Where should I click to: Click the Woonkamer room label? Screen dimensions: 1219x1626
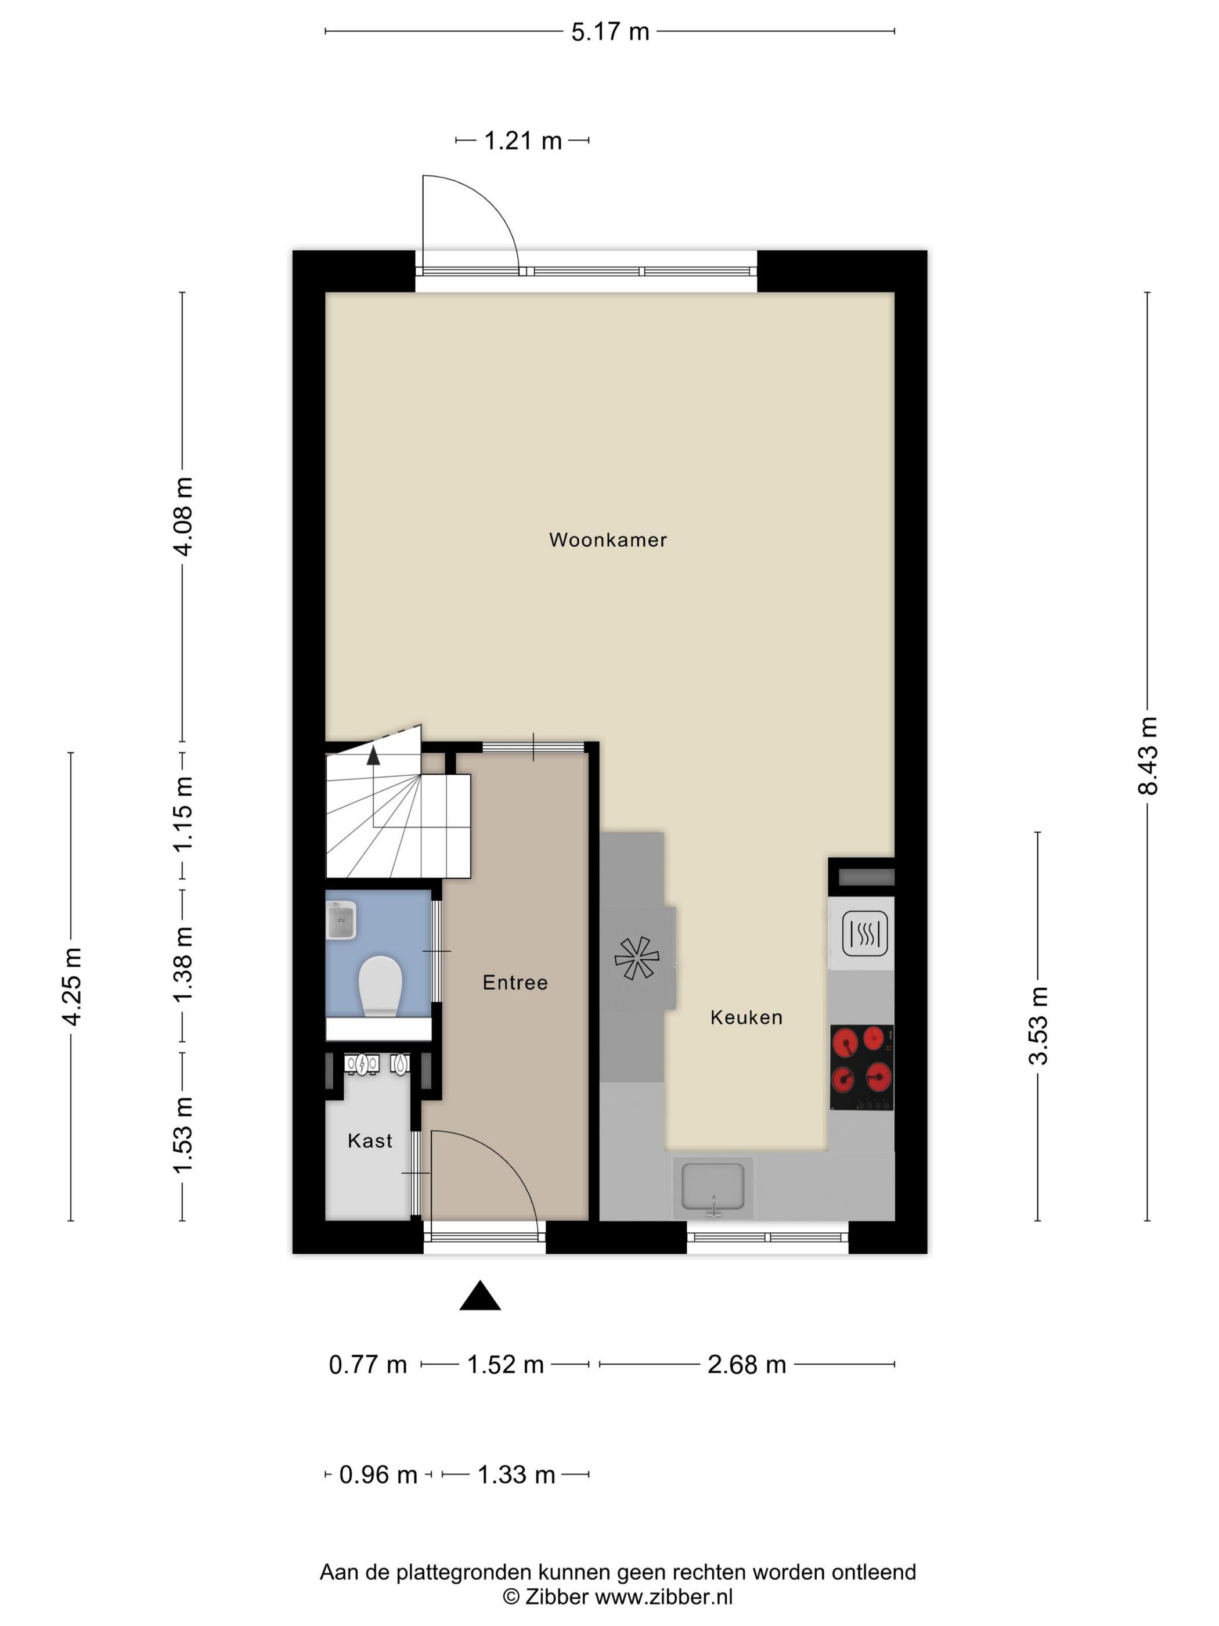point(608,539)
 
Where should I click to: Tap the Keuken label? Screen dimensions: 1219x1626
point(746,1017)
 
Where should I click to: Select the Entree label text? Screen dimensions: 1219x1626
point(515,983)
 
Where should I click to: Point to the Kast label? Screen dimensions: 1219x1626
point(370,1141)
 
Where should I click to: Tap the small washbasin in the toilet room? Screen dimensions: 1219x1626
point(341,920)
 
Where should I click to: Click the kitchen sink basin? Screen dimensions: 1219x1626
point(713,1186)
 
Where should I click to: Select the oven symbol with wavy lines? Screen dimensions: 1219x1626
point(865,934)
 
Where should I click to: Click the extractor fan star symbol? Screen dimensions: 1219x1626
point(636,958)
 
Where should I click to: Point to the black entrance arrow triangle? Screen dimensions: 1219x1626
point(480,1296)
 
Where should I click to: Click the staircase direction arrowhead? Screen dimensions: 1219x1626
point(373,755)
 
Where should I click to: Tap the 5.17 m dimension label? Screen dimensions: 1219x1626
point(610,31)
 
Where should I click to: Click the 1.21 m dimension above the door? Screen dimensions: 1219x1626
point(522,141)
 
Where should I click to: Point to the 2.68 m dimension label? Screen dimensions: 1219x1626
point(746,1365)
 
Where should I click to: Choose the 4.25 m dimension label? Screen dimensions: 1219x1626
point(71,987)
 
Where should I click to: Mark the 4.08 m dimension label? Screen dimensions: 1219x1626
point(182,517)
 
